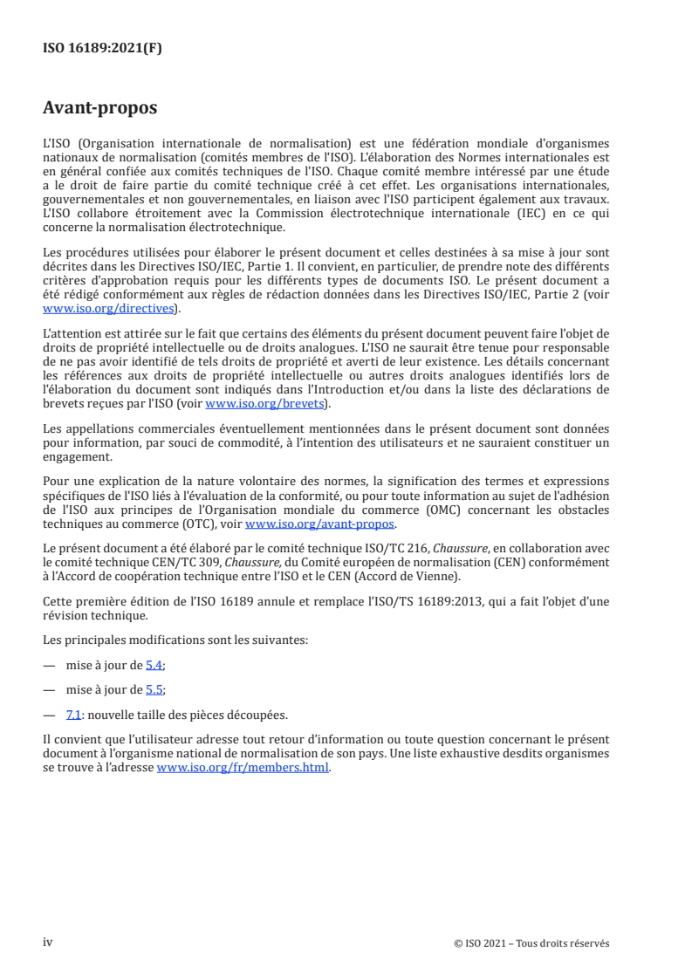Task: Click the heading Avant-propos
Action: tap(99, 108)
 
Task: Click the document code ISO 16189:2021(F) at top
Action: tap(102, 49)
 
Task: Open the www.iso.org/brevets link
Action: tap(264, 404)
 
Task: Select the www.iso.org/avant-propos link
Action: tap(320, 524)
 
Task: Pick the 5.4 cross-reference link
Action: tap(154, 665)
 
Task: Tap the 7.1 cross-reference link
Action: tap(74, 715)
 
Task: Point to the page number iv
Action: tap(48, 941)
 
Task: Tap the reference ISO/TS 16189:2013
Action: tap(387, 601)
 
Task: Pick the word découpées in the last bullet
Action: tap(258, 715)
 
